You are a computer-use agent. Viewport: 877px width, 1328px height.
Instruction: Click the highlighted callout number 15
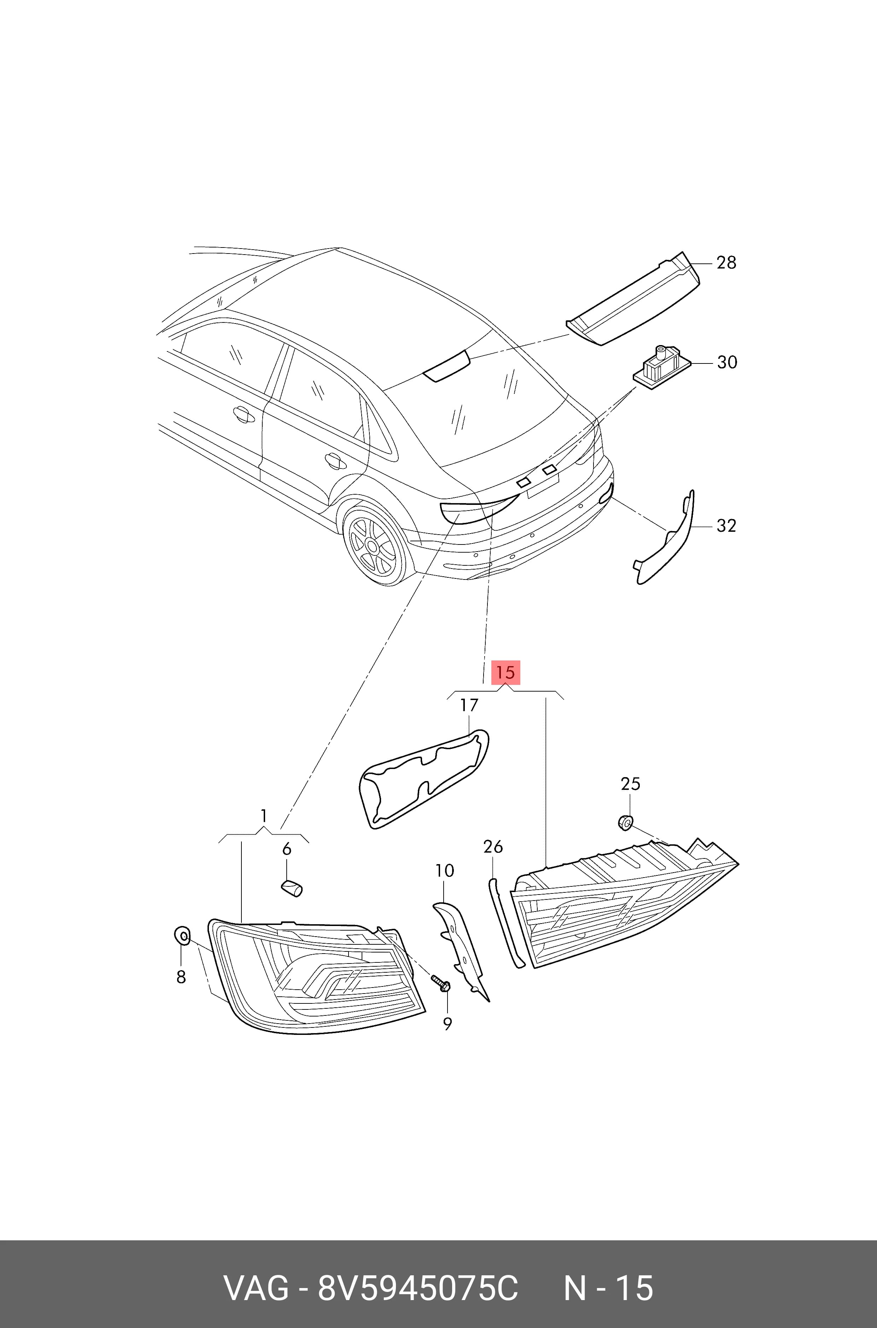[x=505, y=672]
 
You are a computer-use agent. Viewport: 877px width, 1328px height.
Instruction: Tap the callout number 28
[x=726, y=262]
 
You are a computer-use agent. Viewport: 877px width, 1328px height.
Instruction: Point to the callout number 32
[x=726, y=526]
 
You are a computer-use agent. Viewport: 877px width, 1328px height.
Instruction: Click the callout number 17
[x=469, y=705]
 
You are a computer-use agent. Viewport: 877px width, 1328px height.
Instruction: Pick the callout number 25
[x=630, y=784]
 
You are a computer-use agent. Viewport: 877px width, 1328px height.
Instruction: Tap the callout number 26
[x=493, y=847]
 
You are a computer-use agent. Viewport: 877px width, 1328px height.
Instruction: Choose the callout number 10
[x=445, y=870]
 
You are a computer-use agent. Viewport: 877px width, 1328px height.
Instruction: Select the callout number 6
[x=286, y=850]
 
